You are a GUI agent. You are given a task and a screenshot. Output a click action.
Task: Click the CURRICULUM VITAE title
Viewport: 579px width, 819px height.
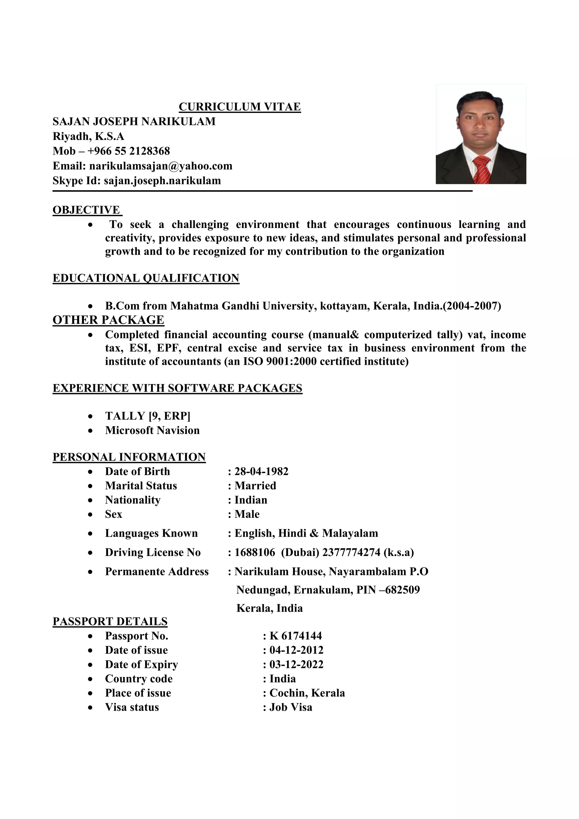tap(239, 107)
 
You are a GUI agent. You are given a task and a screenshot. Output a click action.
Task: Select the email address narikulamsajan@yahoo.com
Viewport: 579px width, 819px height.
tap(160, 166)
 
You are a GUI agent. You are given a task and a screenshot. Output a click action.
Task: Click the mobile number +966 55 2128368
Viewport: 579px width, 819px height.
tap(128, 151)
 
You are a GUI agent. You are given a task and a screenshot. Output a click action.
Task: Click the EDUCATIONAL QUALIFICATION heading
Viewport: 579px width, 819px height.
tap(146, 278)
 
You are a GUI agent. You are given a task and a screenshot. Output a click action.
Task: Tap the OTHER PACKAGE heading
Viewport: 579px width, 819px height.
tap(108, 320)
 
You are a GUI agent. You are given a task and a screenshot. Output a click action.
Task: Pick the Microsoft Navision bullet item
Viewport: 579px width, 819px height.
tap(152, 430)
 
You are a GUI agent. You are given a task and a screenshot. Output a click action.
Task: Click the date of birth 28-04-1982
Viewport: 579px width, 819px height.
tap(261, 471)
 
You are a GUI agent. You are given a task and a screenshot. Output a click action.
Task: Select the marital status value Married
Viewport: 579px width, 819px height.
tap(255, 486)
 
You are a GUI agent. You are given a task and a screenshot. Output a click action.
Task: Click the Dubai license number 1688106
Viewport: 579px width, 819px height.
tap(254, 552)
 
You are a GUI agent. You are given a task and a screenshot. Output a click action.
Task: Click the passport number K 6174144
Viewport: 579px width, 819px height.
tap(295, 636)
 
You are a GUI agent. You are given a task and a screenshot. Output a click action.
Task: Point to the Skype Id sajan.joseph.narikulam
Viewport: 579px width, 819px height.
tap(162, 180)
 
